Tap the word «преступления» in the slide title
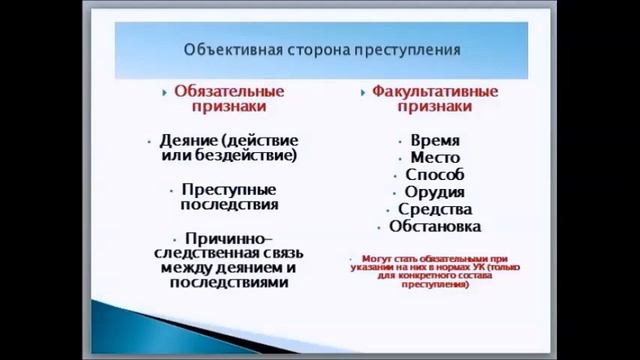click(410, 48)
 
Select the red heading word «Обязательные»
click(229, 91)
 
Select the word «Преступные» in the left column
click(229, 188)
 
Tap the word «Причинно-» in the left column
click(229, 238)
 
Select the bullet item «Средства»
click(435, 209)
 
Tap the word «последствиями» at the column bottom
click(229, 283)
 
